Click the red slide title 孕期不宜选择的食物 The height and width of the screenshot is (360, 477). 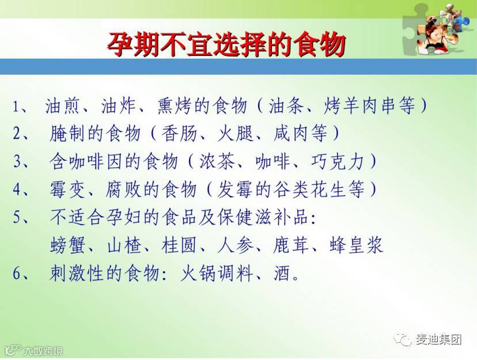pyautogui.click(x=226, y=45)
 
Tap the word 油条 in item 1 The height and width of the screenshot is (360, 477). pyautogui.click(x=286, y=105)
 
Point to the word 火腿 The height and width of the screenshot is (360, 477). pyautogui.click(x=235, y=133)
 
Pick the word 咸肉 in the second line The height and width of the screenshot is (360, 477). pyautogui.click(x=291, y=133)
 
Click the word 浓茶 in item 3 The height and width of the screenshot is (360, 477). pyautogui.click(x=217, y=161)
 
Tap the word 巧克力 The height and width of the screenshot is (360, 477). pyautogui.click(x=338, y=161)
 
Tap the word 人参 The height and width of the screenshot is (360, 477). pyautogui.click(x=235, y=245)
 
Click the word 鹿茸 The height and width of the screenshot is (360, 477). pyautogui.click(x=291, y=245)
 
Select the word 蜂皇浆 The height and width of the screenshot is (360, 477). pyautogui.click(x=356, y=245)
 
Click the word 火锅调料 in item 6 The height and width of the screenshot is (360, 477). pyautogui.click(x=217, y=273)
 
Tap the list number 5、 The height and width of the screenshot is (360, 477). pyautogui.click(x=21, y=217)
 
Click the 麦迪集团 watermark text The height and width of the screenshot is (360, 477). pyautogui.click(x=438, y=339)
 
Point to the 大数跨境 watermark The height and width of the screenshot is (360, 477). pyautogui.click(x=44, y=351)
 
